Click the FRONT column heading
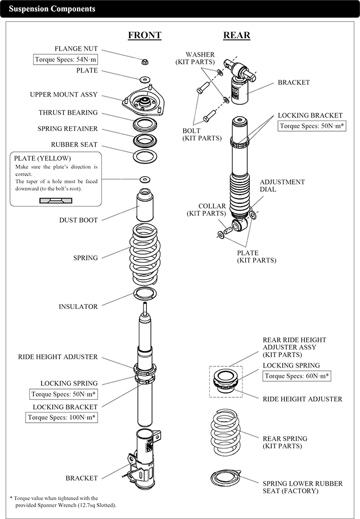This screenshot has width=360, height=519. point(145,35)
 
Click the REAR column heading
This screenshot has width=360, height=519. point(237,35)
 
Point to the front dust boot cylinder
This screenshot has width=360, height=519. point(145,208)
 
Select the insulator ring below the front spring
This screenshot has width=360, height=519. point(145,293)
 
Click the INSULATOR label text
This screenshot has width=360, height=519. point(78,307)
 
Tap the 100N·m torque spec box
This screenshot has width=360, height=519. point(62,418)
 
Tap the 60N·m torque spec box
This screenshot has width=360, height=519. point(297,376)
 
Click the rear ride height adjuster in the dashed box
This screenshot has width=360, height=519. point(226,381)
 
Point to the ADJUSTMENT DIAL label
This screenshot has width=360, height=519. point(282,186)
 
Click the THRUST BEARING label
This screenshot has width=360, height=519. point(68,113)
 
